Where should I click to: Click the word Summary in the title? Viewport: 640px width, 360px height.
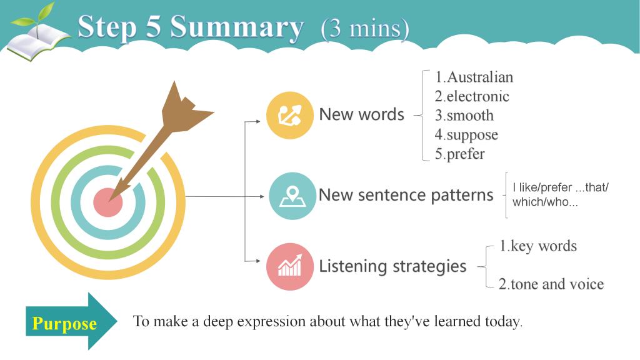click(237, 27)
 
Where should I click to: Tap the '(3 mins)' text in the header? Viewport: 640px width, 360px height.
click(364, 29)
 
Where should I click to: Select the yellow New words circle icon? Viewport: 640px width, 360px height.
click(290, 115)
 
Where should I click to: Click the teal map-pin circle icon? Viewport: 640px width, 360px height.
click(292, 196)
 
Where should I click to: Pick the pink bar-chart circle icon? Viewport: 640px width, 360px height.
click(290, 266)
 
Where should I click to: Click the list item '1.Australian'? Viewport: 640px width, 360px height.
click(474, 77)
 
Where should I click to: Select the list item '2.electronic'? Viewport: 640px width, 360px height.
click(472, 96)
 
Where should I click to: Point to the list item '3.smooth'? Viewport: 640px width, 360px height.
click(464, 116)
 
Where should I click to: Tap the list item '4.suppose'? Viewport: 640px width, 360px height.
click(466, 135)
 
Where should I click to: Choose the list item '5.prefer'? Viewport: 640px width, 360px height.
click(459, 154)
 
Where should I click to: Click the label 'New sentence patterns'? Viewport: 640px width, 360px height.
click(406, 195)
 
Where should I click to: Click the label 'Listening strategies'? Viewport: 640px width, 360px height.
click(392, 266)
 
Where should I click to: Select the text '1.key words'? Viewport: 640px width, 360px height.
click(538, 246)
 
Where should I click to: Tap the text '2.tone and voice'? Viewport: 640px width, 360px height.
click(551, 284)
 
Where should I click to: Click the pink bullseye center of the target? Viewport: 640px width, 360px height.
click(107, 202)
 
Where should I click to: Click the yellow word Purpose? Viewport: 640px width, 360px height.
click(64, 323)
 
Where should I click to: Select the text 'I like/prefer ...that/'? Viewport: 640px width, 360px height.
click(561, 187)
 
